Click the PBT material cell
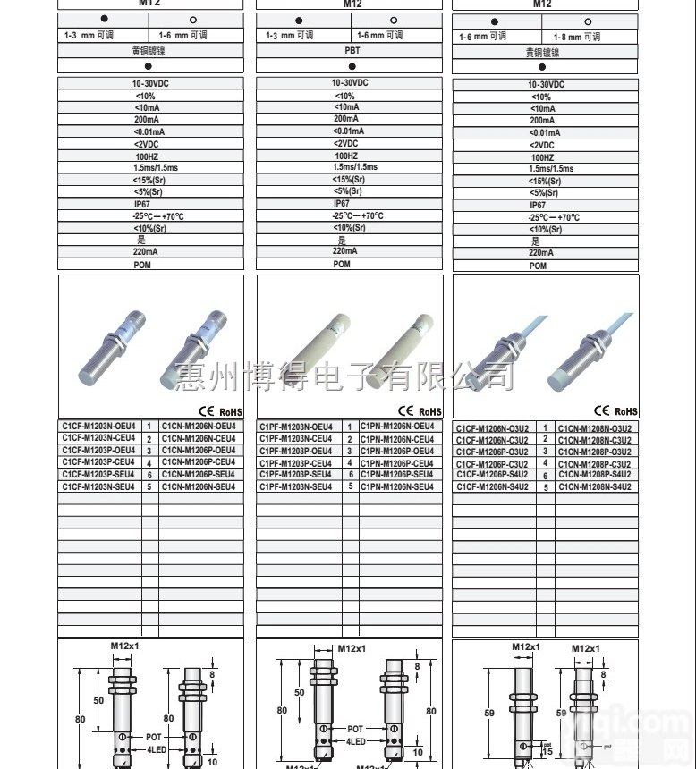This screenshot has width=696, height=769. click(352, 51)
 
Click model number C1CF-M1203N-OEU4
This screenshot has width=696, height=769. click(98, 427)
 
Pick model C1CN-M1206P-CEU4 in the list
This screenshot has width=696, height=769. click(199, 462)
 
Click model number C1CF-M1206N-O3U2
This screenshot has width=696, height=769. click(492, 428)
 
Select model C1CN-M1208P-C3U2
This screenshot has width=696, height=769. click(594, 463)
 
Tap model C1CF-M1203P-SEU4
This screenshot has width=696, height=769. click(98, 475)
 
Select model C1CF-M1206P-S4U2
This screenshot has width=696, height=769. click(492, 475)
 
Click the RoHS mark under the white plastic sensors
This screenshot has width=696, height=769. click(430, 412)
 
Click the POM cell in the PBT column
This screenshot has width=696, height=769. click(342, 265)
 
